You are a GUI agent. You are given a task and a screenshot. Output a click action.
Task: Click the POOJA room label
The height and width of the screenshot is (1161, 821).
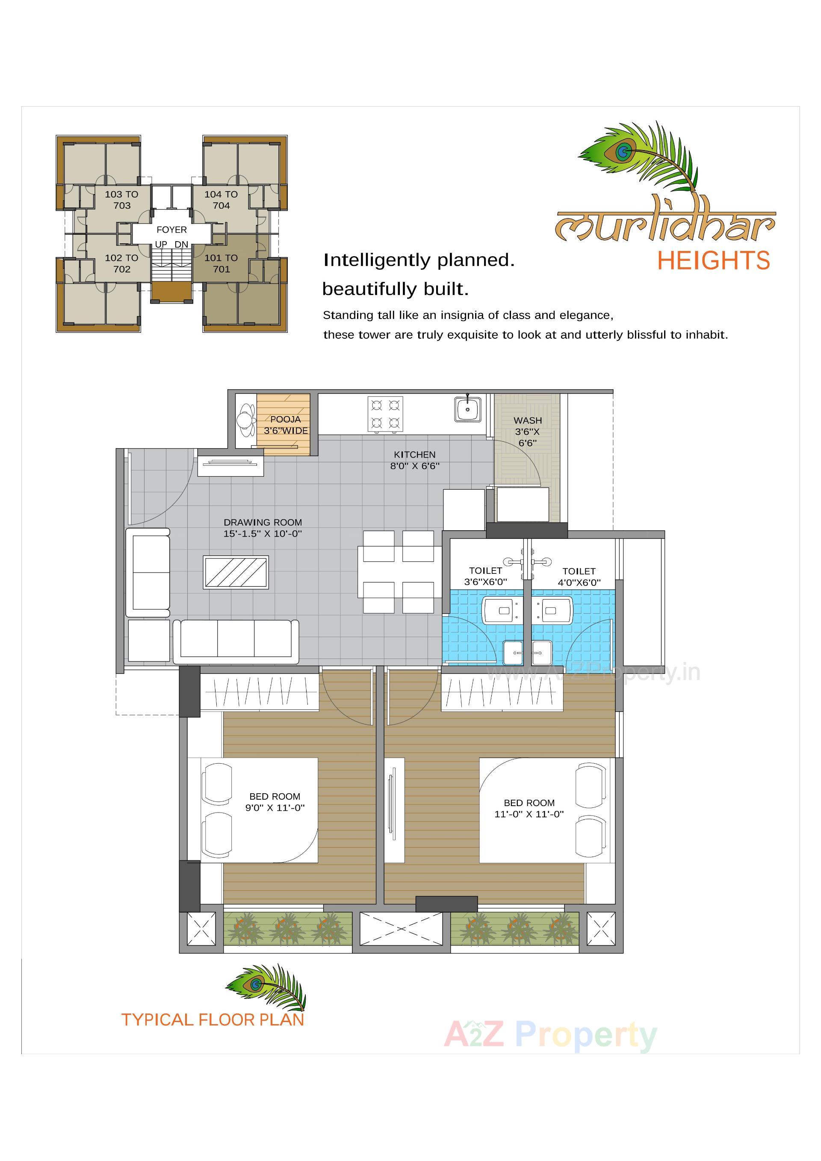[285, 419]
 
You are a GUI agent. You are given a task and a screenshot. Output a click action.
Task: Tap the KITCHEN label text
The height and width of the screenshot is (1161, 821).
[414, 455]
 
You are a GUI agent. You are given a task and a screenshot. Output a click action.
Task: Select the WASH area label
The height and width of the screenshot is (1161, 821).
[527, 421]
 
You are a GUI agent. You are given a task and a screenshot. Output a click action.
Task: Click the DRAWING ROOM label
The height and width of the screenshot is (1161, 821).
[263, 523]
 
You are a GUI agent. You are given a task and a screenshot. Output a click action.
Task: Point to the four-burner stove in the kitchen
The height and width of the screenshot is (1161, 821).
[385, 414]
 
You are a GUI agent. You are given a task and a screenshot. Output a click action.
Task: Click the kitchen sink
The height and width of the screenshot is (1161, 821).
[468, 408]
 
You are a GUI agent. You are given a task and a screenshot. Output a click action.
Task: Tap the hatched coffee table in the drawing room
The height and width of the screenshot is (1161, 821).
[236, 572]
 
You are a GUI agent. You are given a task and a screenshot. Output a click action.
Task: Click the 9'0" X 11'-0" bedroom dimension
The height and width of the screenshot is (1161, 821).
[275, 807]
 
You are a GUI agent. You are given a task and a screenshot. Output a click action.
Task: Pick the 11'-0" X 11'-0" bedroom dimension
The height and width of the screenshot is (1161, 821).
[529, 814]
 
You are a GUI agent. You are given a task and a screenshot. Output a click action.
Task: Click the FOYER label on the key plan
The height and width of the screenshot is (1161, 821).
[171, 230]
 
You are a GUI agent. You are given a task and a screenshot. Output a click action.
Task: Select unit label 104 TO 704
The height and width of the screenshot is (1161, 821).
[221, 200]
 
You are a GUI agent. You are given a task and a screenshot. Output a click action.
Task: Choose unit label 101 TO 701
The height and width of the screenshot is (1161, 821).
[221, 263]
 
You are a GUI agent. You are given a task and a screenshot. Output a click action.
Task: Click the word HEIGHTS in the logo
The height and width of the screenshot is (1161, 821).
[713, 261]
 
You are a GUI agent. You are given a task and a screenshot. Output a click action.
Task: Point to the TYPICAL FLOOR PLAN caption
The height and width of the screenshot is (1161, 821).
[213, 1019]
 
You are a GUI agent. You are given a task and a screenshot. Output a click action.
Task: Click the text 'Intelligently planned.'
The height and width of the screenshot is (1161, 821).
[419, 260]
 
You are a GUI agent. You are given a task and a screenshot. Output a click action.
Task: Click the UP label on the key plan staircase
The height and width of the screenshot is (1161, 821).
[161, 244]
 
